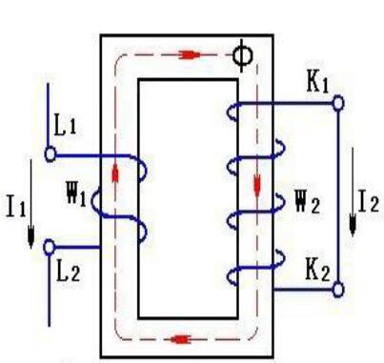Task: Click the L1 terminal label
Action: pyautogui.click(x=65, y=125)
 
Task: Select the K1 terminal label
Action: pyautogui.click(x=317, y=83)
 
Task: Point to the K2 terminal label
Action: pyautogui.click(x=317, y=271)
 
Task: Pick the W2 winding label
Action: pyautogui.click(x=307, y=202)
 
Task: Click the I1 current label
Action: pyautogui.click(x=16, y=207)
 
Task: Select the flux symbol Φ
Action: pyautogui.click(x=243, y=56)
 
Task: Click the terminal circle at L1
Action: pyautogui.click(x=50, y=154)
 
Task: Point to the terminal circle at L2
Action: pyautogui.click(x=49, y=248)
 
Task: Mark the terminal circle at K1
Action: pyautogui.click(x=338, y=103)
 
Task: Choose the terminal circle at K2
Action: pyautogui.click(x=338, y=290)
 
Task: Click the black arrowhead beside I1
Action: pyautogui.click(x=30, y=236)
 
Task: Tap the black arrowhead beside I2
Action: pyautogui.click(x=353, y=224)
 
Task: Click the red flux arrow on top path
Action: pyautogui.click(x=190, y=55)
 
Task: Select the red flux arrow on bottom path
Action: pyautogui.click(x=180, y=339)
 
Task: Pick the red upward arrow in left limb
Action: pyautogui.click(x=115, y=172)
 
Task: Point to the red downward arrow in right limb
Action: pyautogui.click(x=257, y=185)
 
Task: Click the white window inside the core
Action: pyautogui.click(x=188, y=198)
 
